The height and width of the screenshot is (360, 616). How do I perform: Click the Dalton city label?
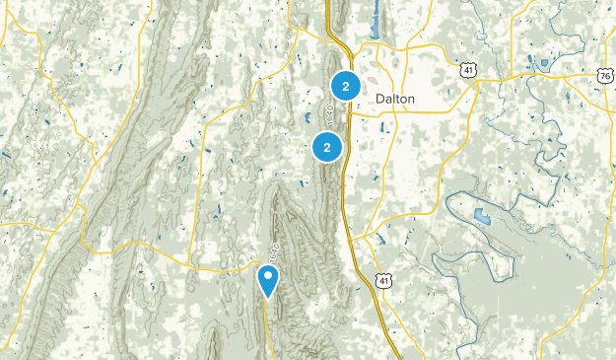[395, 99]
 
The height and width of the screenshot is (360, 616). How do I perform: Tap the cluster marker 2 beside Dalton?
[345, 87]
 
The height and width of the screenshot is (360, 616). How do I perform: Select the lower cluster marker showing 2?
[326, 147]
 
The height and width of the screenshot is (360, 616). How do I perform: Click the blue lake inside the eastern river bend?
[481, 217]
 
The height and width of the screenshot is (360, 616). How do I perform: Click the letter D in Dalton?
[379, 99]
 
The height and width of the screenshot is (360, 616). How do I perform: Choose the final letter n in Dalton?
[412, 99]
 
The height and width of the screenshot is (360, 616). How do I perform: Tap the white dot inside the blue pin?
[268, 276]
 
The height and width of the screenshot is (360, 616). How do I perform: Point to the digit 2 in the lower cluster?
[326, 147]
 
